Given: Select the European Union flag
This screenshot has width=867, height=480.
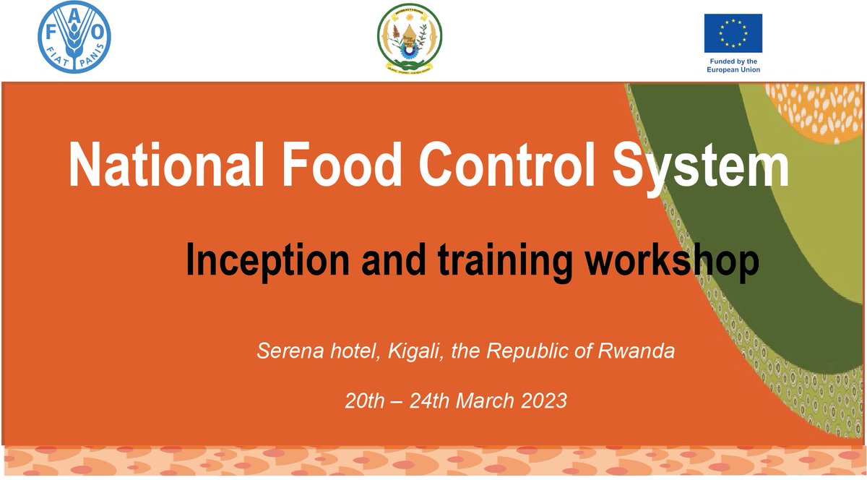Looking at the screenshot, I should tap(733, 33).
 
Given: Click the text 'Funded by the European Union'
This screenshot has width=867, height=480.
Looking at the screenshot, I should tap(733, 66).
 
